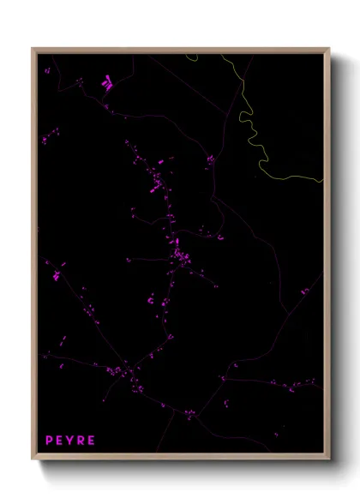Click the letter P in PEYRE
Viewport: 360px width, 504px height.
[49, 441]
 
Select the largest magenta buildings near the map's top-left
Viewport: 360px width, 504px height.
[106, 84]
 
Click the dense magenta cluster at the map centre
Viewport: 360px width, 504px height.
[179, 255]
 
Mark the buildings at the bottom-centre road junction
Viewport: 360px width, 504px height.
[189, 414]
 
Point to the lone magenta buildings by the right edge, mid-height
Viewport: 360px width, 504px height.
[304, 291]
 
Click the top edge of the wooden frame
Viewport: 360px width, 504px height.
[180, 50]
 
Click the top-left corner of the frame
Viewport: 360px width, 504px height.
[34, 50]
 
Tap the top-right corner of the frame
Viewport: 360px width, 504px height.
[327, 50]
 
